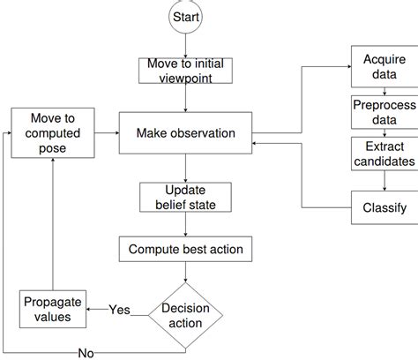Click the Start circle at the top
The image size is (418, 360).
pyautogui.click(x=185, y=18)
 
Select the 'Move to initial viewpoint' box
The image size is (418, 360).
pyautogui.click(x=185, y=70)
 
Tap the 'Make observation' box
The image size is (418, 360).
pyautogui.click(x=185, y=134)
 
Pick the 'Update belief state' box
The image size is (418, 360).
pyautogui.click(x=185, y=199)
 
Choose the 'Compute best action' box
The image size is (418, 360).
pyautogui.click(x=185, y=250)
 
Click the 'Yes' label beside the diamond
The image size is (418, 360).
pyautogui.click(x=119, y=310)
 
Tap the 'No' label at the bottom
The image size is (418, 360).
pyautogui.click(x=86, y=353)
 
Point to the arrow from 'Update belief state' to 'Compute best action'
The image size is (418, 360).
pyautogui.click(x=185, y=226)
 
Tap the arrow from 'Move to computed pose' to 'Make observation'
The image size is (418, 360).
pyautogui.click(x=105, y=134)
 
